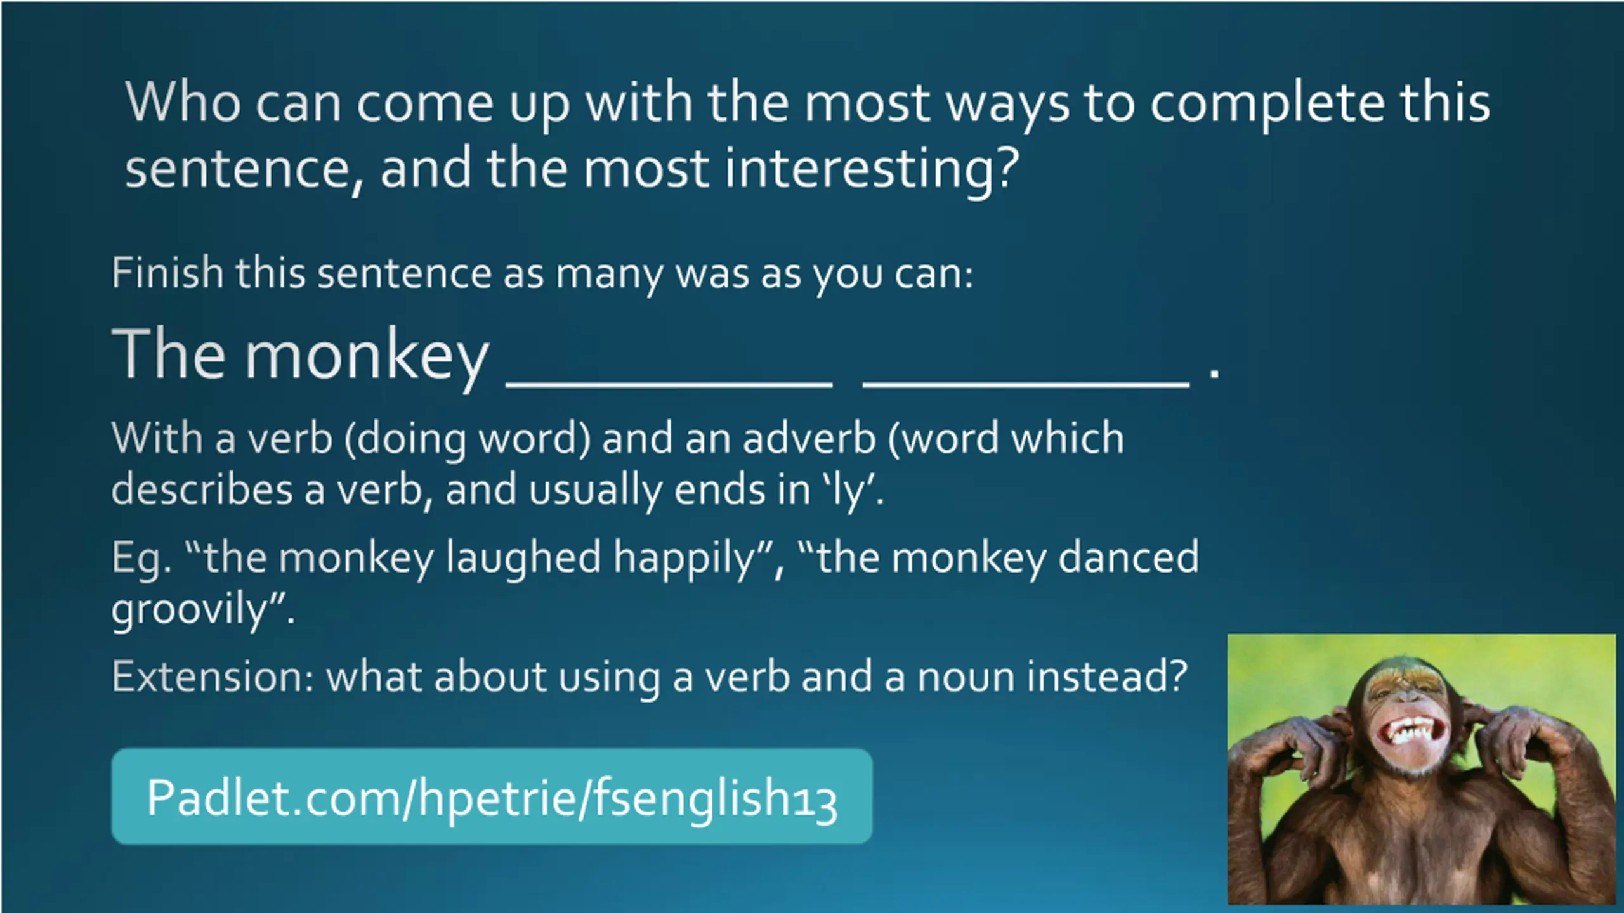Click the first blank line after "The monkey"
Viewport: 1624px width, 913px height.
click(669, 383)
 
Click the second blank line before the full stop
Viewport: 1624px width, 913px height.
click(1026, 383)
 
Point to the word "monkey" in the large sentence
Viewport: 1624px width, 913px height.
click(367, 356)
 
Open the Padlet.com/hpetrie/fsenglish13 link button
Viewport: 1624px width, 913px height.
click(492, 796)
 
